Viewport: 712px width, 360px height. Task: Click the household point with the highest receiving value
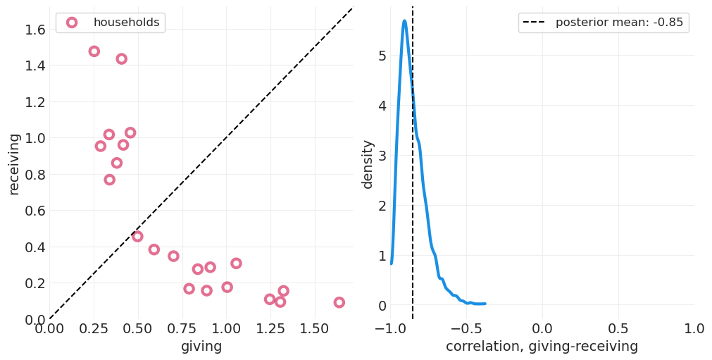[94, 51]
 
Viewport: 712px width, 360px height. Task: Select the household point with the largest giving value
[339, 302]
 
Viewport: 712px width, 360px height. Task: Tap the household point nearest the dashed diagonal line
[137, 237]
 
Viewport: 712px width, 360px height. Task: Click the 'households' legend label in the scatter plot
[127, 23]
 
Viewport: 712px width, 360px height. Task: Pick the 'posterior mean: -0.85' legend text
[619, 23]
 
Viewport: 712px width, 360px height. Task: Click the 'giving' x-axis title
[201, 347]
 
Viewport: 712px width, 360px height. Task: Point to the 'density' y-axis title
[368, 164]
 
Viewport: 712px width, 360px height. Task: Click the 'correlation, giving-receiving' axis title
[542, 347]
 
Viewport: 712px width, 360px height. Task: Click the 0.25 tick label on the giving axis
[94, 329]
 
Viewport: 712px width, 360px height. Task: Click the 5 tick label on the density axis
[382, 56]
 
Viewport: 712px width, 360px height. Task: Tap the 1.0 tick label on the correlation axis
[694, 329]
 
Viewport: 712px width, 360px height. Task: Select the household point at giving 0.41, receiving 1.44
[122, 59]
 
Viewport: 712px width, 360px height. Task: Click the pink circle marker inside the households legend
[72, 23]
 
